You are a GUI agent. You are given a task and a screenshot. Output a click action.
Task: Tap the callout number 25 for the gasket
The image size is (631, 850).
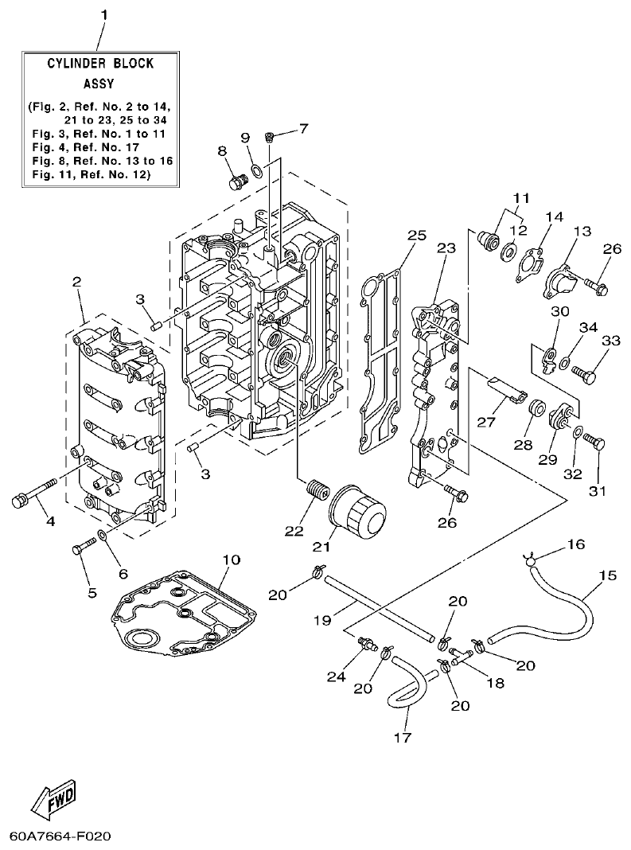pos(417,235)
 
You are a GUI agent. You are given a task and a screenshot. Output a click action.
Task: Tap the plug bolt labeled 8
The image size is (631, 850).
pos(236,183)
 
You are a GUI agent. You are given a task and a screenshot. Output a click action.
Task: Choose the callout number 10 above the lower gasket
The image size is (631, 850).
pos(230,560)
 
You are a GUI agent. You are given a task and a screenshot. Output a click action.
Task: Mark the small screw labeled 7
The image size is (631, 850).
pos(270,138)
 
